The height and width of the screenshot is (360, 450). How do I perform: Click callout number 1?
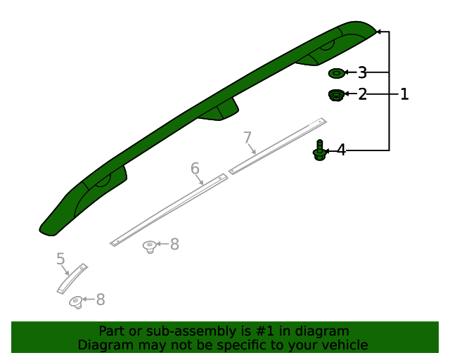coord(404,94)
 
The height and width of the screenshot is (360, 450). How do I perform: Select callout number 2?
coord(362,94)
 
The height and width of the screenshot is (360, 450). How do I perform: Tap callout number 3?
coord(362,72)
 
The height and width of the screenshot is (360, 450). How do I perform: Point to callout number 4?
coord(340,150)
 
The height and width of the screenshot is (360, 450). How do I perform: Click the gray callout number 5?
coord(60,259)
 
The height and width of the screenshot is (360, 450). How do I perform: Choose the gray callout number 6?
coord(195,168)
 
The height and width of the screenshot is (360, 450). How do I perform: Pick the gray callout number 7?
coord(247,136)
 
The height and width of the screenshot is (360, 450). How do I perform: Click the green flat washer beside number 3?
coord(337,73)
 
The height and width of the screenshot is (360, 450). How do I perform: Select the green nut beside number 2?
coord(336,95)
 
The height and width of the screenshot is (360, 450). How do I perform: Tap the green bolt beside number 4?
coord(319,151)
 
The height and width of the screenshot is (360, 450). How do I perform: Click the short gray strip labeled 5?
coord(72,278)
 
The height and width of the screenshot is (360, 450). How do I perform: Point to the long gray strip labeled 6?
coord(169,210)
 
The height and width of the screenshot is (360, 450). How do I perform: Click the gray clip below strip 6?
coord(150,246)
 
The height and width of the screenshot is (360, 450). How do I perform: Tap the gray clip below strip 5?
coord(76,302)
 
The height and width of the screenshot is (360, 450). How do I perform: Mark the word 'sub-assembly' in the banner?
coord(193,331)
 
